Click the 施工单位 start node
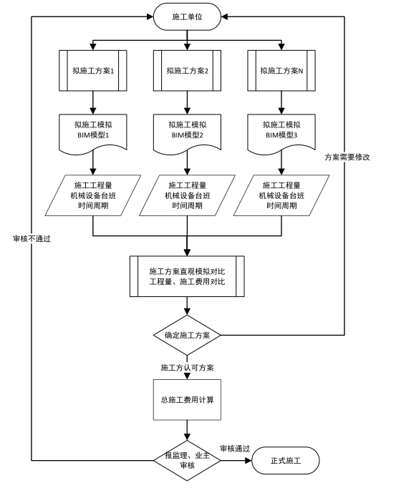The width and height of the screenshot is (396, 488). [x=187, y=16]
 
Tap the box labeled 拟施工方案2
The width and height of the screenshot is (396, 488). [x=187, y=71]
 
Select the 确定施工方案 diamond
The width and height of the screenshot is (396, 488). [x=187, y=335]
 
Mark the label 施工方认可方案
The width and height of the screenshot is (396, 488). [x=185, y=366]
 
